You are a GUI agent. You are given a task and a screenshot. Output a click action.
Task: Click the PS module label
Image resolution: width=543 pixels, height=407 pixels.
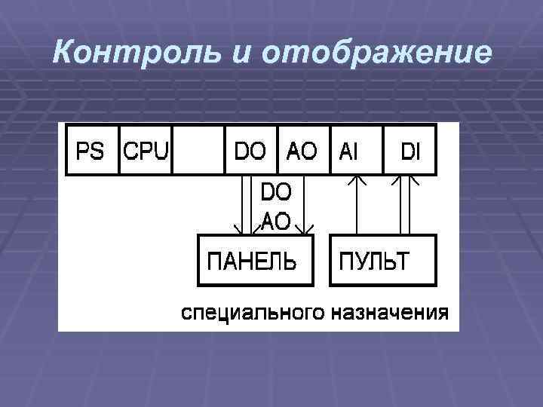pyautogui.click(x=90, y=151)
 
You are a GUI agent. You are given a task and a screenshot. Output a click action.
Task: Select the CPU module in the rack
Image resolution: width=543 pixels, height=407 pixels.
pyautogui.click(x=146, y=151)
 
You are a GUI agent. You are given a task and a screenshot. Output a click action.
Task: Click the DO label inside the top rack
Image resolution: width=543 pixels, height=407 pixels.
pyautogui.click(x=250, y=151)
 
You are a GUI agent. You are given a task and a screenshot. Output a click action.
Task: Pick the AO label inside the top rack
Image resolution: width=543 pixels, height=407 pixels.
pyautogui.click(x=302, y=151)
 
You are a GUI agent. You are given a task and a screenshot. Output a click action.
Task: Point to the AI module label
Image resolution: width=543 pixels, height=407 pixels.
pyautogui.click(x=349, y=151)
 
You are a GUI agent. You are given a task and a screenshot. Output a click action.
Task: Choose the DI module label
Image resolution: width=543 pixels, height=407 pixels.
pyautogui.click(x=410, y=151)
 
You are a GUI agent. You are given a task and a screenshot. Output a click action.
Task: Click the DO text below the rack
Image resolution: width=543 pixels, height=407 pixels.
pyautogui.click(x=276, y=193)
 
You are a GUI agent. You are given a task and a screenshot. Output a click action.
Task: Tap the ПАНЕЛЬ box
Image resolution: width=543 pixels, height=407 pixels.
pyautogui.click(x=255, y=261)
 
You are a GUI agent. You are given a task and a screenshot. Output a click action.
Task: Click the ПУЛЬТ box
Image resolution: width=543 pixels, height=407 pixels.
pyautogui.click(x=382, y=261)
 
